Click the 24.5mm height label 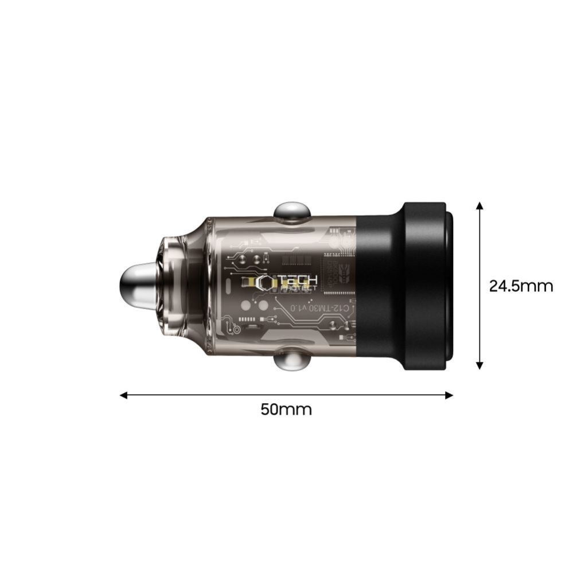click(521, 286)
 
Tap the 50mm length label click(286, 410)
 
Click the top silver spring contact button click(292, 211)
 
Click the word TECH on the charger click(298, 280)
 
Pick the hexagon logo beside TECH click(266, 283)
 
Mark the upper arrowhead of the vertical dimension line click(480, 205)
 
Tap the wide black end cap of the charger click(427, 286)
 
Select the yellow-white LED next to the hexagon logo click(247, 282)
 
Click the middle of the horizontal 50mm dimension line click(286, 395)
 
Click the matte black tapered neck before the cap click(379, 286)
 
